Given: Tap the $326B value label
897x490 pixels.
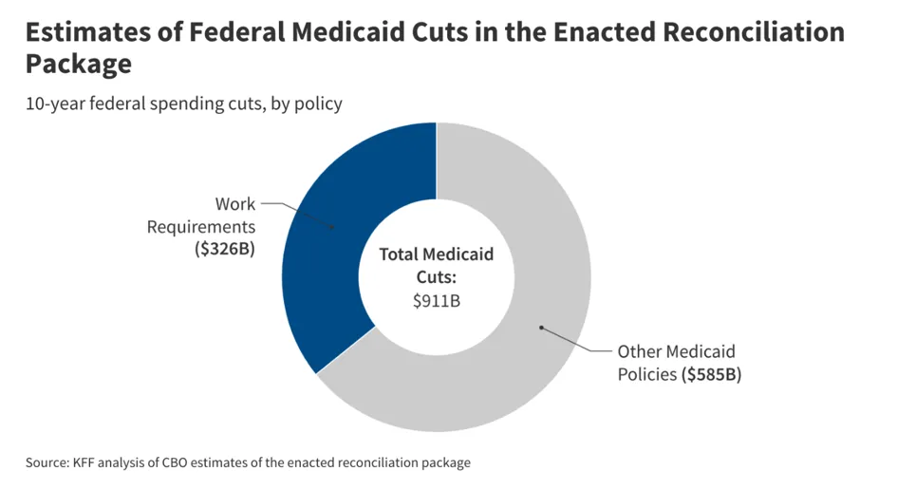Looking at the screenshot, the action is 225,249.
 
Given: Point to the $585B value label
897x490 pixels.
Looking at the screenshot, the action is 711,374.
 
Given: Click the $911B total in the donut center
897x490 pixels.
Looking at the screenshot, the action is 437,300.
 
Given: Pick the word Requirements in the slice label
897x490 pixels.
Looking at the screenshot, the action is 201,227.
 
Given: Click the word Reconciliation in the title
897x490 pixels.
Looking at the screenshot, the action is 754,32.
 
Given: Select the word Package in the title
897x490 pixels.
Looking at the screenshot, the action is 79,65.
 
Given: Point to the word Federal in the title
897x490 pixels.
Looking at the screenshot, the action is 236,32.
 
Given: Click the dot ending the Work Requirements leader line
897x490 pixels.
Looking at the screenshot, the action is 332,227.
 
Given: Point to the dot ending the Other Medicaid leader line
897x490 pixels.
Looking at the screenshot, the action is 541,328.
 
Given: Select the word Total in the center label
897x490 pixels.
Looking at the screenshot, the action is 398,254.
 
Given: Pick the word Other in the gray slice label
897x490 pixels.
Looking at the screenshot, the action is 637,351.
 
